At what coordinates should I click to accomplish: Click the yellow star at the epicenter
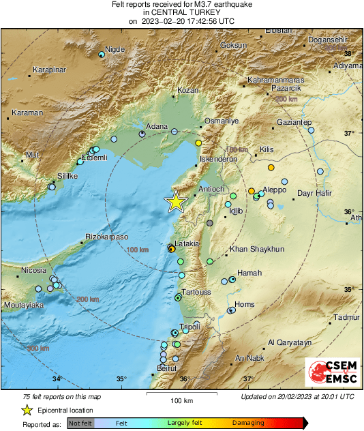pos(176,201)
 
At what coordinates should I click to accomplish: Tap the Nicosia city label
pos(33,271)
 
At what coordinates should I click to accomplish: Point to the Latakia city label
pos(187,243)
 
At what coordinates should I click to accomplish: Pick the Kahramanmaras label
pos(275,80)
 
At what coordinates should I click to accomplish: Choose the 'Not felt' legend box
pos(80,423)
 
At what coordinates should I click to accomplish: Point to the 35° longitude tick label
pos(121,379)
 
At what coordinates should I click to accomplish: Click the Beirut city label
pos(167,368)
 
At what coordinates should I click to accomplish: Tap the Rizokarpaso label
pos(106,237)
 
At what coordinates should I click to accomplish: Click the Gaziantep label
pos(294,121)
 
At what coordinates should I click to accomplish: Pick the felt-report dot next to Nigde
pos(102,54)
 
